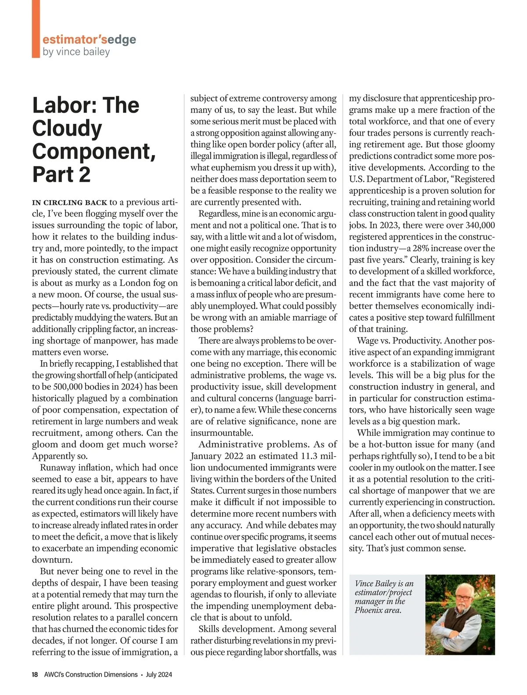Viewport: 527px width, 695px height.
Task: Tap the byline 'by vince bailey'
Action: [x=76, y=52]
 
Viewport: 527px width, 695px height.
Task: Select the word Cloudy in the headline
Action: [x=67, y=128]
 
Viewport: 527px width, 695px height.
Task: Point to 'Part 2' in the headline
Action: [x=61, y=174]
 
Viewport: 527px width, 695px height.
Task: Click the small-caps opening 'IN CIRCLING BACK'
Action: [x=69, y=203]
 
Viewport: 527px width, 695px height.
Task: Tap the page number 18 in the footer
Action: [x=35, y=674]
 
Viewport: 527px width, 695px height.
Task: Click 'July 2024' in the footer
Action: [x=159, y=674]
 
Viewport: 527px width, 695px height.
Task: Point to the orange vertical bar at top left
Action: [x=36, y=29]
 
